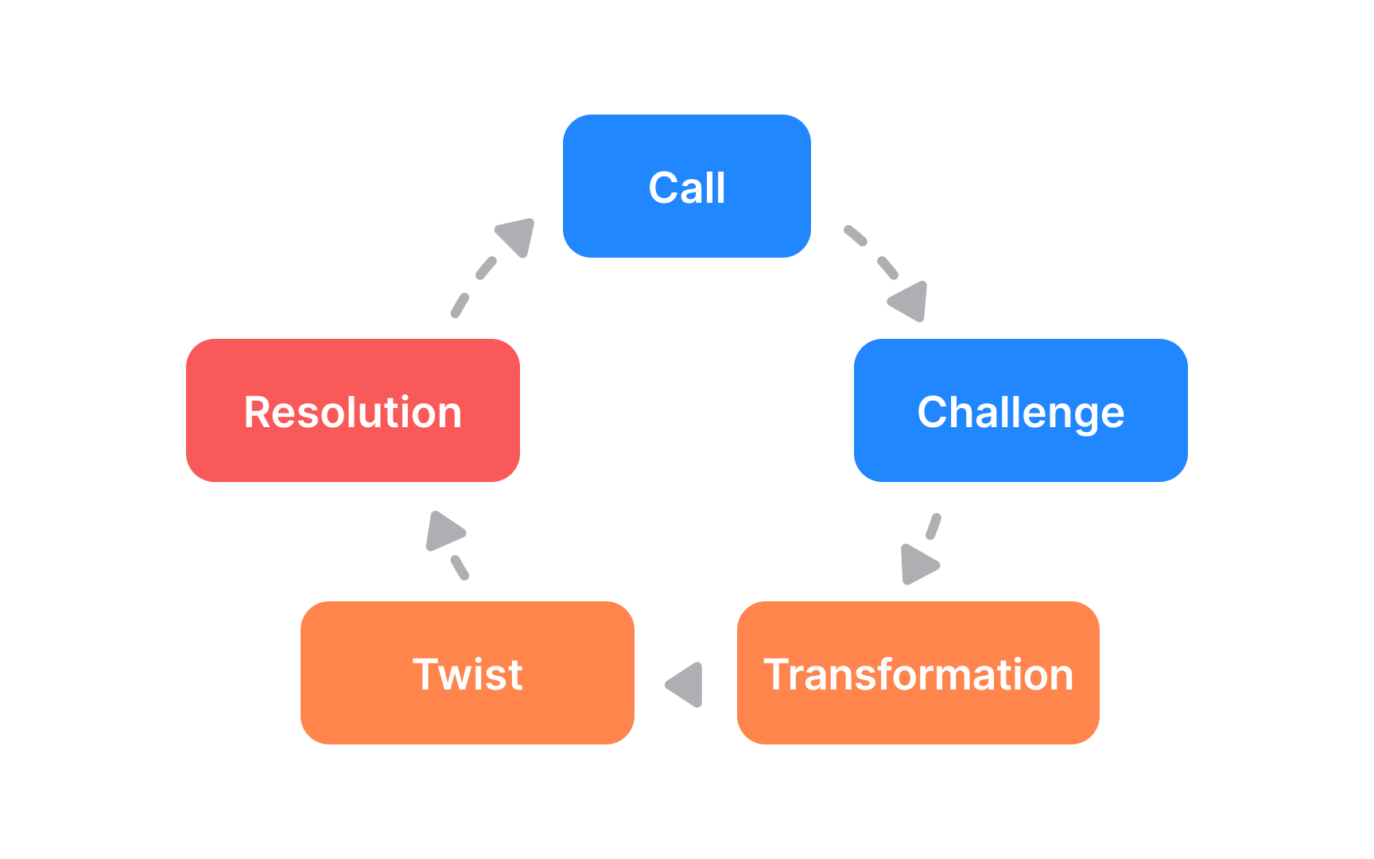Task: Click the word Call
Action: pos(686,188)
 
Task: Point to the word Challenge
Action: pos(1020,412)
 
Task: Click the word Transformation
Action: pos(918,674)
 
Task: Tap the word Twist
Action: pos(468,674)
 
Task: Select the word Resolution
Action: pos(352,412)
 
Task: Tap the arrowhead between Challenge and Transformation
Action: pos(918,565)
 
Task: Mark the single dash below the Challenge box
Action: pos(933,526)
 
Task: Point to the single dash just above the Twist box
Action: pos(460,567)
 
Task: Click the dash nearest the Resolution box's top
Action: pos(460,305)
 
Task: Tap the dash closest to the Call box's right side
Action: pos(855,235)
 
